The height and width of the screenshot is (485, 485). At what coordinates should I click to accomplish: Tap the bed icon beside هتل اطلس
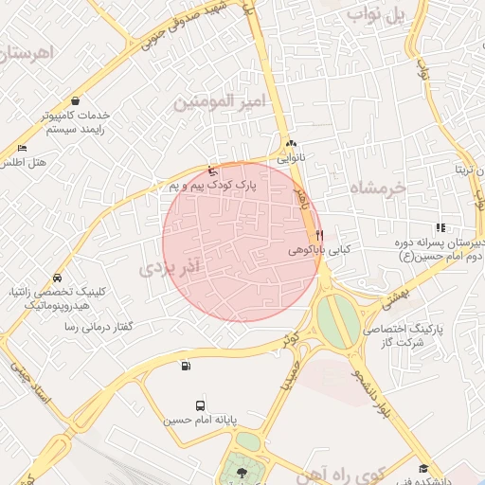pos(22,148)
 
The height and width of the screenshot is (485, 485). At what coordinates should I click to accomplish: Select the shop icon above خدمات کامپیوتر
pos(75,100)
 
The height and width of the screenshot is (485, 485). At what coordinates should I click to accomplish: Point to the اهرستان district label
pos(25,54)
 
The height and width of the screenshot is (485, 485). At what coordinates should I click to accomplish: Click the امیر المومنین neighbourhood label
pos(218,99)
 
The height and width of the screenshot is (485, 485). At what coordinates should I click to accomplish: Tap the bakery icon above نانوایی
pos(291,143)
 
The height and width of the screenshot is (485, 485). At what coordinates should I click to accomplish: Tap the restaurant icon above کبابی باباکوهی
pos(320,234)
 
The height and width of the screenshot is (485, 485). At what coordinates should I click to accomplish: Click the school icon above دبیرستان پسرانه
pos(440,227)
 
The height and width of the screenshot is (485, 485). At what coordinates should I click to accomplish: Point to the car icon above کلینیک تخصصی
pos(58,278)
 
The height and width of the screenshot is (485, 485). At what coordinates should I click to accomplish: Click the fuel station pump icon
pos(185,367)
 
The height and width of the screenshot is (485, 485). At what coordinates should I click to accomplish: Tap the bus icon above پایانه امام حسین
pos(199,404)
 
